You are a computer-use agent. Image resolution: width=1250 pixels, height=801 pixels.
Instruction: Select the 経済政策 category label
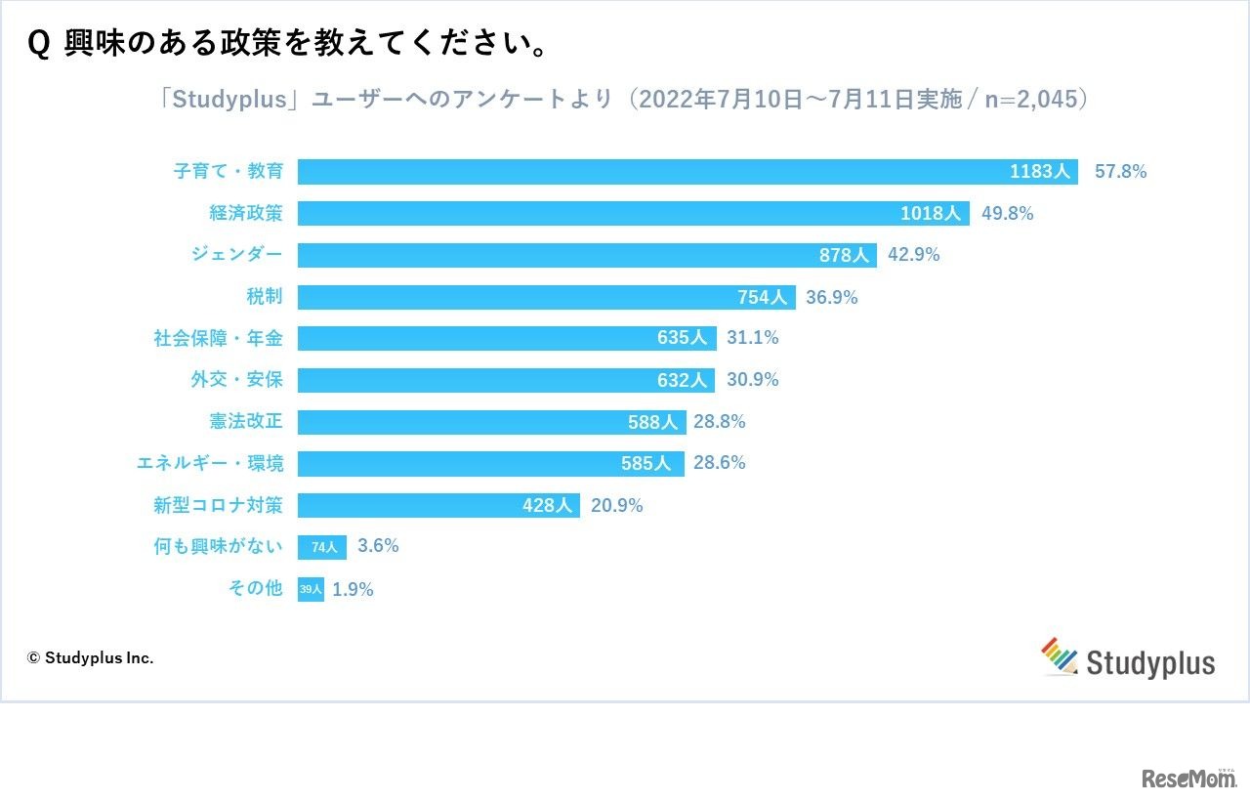245,213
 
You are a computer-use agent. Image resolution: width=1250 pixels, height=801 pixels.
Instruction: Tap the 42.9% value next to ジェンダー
913,255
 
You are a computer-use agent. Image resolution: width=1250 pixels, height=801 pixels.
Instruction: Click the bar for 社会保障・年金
507,338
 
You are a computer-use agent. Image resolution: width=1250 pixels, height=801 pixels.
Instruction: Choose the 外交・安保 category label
236,380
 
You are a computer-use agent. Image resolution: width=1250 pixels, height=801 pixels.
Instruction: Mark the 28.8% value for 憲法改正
720,422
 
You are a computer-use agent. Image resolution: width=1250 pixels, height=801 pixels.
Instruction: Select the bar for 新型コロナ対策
438,505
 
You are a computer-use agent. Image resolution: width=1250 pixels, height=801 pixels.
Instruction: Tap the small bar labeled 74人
322,547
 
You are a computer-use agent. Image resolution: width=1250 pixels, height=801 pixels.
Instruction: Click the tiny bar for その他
311,589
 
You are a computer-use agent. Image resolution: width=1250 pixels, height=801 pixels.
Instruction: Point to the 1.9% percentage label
353,590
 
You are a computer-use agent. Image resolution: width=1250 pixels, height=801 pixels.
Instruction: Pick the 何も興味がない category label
218,547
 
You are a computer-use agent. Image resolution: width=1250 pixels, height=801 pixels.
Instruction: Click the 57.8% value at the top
1120,172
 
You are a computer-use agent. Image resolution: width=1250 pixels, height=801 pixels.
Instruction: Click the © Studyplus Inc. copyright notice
90,658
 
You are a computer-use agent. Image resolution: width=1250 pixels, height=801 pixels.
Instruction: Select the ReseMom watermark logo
1187,778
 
